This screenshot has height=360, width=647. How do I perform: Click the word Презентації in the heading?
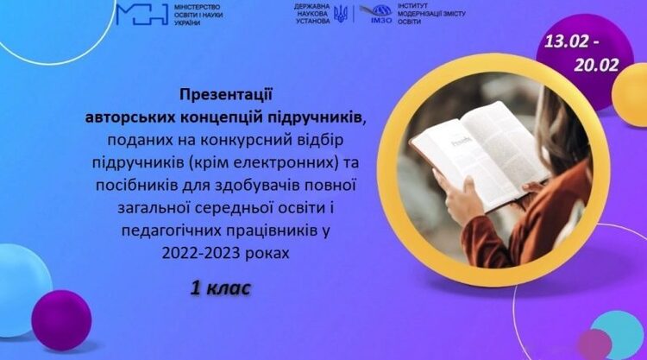[x=226, y=95]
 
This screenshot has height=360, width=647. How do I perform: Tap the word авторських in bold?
[x=130, y=117]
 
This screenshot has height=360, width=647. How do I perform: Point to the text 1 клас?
[x=220, y=288]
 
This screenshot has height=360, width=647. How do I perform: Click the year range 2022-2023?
[x=201, y=253]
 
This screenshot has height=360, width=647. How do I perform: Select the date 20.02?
[x=597, y=66]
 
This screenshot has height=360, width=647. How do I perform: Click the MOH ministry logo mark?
[x=142, y=15]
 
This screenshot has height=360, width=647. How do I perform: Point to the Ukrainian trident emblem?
[x=341, y=14]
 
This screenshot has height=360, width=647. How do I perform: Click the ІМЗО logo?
[x=375, y=14]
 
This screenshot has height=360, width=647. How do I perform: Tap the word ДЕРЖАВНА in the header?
[x=312, y=7]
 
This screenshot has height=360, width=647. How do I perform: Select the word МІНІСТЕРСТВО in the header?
[x=198, y=7]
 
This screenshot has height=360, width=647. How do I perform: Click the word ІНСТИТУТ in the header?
[x=413, y=6]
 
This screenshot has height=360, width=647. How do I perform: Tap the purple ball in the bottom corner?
[x=61, y=320]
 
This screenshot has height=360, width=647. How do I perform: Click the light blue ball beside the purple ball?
[x=22, y=290]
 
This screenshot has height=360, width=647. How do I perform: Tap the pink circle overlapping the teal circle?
[x=594, y=344]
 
